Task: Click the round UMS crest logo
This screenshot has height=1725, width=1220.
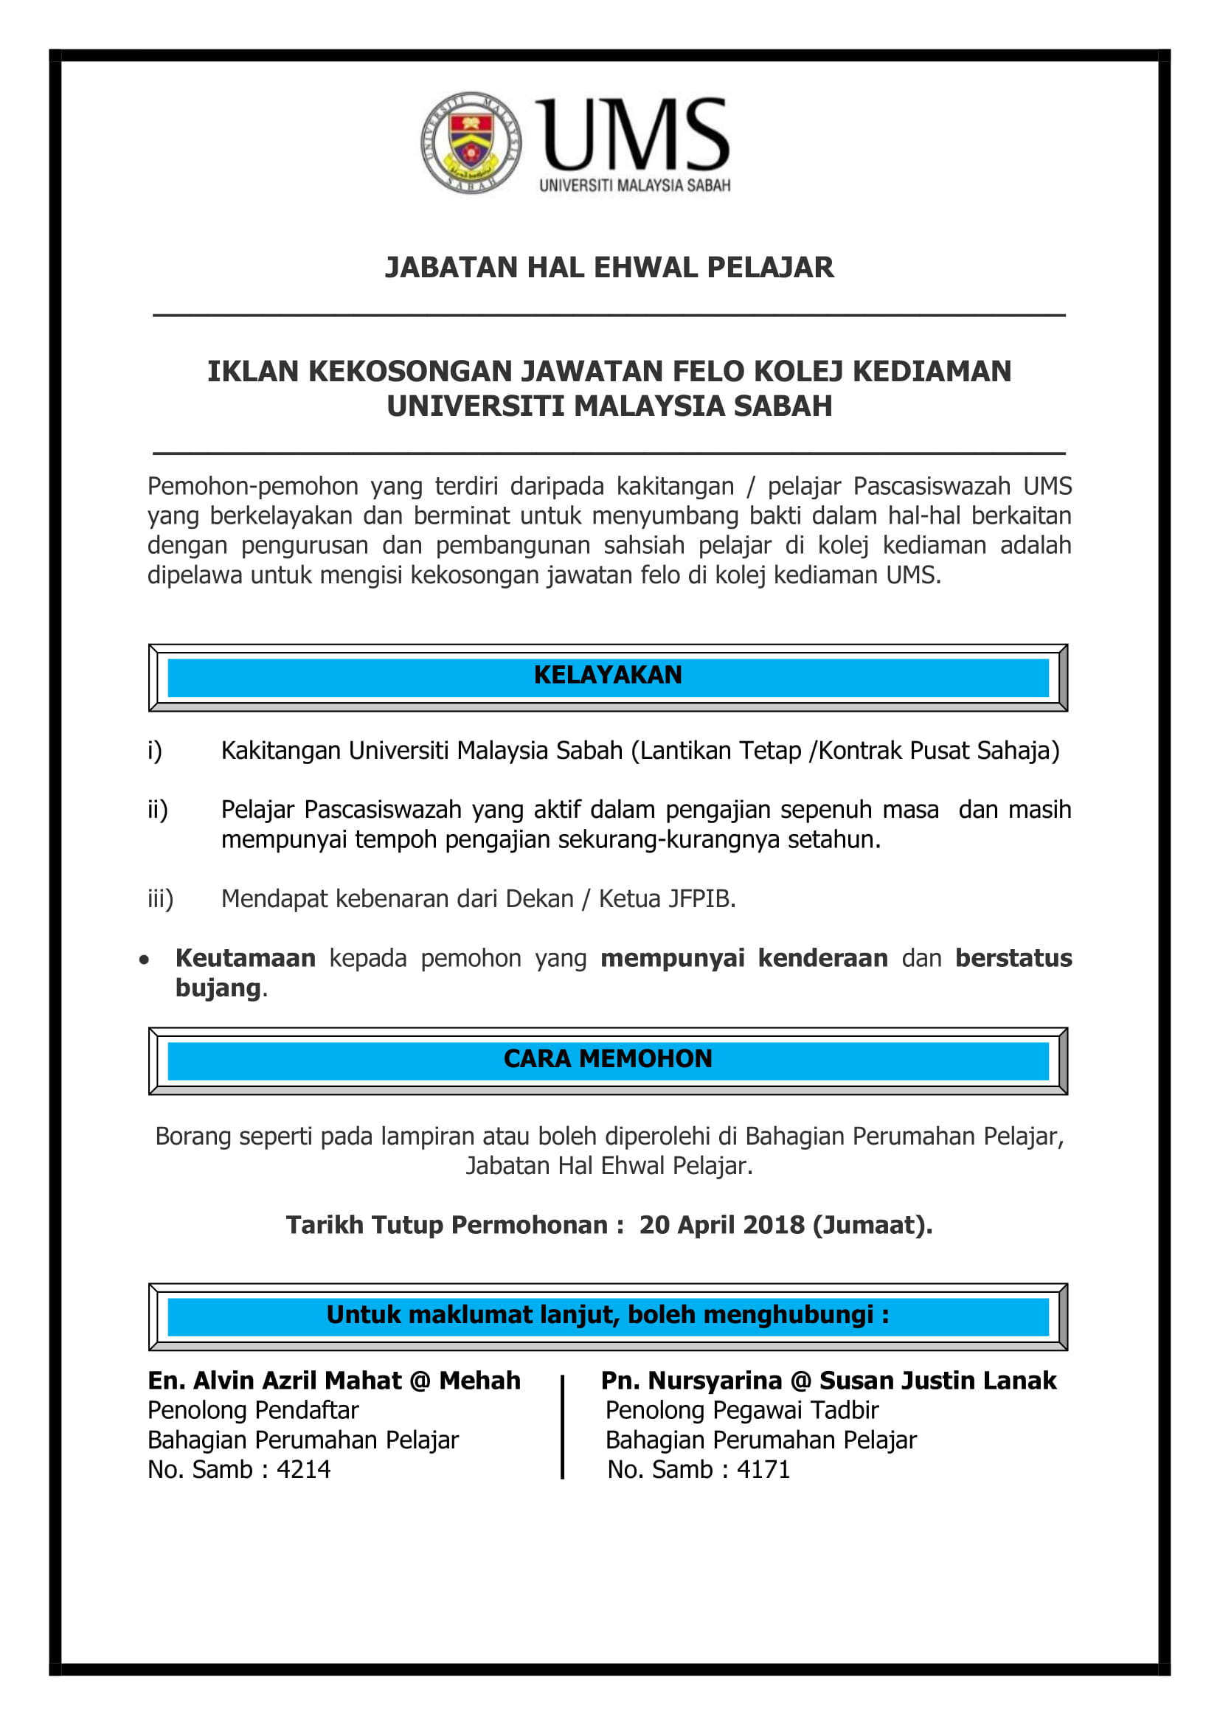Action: click(471, 143)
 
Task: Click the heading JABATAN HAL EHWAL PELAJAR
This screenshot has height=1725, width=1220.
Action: click(609, 268)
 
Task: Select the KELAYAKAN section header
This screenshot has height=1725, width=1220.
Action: click(608, 676)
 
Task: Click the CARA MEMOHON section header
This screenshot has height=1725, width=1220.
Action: click(608, 1058)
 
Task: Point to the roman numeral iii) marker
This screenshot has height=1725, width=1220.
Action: click(160, 898)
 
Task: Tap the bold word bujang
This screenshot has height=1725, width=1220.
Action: click(218, 988)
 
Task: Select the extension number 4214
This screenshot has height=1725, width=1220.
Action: click(303, 1469)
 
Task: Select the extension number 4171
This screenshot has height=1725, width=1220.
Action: click(763, 1469)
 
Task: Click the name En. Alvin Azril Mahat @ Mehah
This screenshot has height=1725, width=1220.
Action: click(333, 1380)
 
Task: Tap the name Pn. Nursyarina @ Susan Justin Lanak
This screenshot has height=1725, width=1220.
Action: click(828, 1380)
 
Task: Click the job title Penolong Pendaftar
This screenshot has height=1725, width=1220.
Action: click(253, 1410)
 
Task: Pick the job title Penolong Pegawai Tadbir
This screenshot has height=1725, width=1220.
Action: click(741, 1410)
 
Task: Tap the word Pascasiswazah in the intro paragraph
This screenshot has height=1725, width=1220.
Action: click(932, 486)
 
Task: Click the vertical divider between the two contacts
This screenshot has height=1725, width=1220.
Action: click(562, 1428)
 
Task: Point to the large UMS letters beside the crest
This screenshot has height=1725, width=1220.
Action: click(633, 135)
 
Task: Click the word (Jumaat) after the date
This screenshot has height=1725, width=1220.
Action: click(871, 1225)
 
